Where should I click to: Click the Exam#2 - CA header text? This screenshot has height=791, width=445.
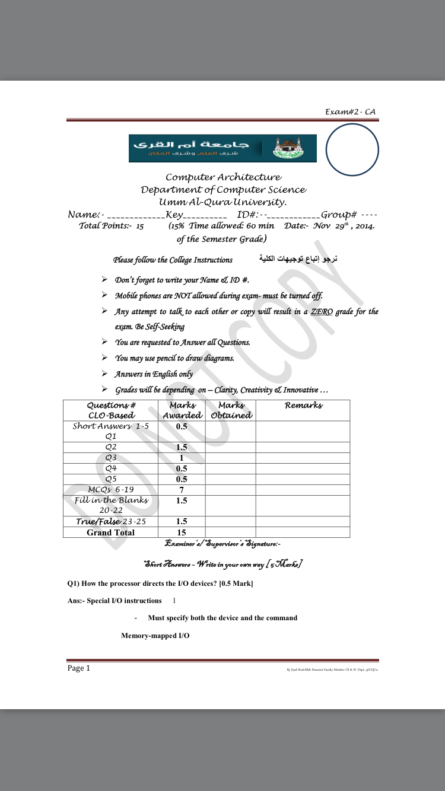point(350,112)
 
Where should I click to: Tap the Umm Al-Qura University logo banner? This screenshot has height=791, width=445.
point(223,148)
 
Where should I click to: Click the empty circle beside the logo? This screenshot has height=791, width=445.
point(352,150)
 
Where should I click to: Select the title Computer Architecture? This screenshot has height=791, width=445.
point(223,177)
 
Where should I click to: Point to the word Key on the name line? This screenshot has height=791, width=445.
point(174,215)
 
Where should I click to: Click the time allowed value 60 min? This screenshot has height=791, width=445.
point(258,226)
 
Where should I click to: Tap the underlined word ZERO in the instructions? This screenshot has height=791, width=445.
point(321,312)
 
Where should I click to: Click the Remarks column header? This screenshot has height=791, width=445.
point(303,406)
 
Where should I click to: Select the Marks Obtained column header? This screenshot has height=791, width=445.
point(231,410)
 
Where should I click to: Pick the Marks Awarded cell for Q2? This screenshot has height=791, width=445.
point(182,448)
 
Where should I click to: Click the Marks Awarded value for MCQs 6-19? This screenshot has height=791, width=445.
point(182,490)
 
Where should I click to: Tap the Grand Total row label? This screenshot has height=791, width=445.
point(110,532)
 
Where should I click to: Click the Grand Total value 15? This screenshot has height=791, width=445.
point(182,532)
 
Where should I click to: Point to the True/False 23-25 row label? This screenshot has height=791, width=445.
point(110,522)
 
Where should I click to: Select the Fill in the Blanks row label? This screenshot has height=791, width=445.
point(110,505)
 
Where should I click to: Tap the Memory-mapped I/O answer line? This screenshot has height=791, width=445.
point(155,636)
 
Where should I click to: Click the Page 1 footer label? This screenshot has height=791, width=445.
point(79,668)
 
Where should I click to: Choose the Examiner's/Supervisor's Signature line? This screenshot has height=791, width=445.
point(223,544)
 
